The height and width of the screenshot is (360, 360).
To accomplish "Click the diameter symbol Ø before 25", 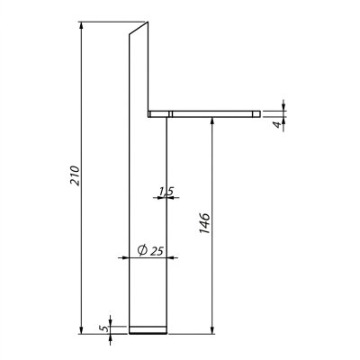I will point(143,249).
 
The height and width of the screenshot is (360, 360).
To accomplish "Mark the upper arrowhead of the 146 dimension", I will point(211,121).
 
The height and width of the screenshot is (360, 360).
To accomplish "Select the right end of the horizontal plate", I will point(258,113).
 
